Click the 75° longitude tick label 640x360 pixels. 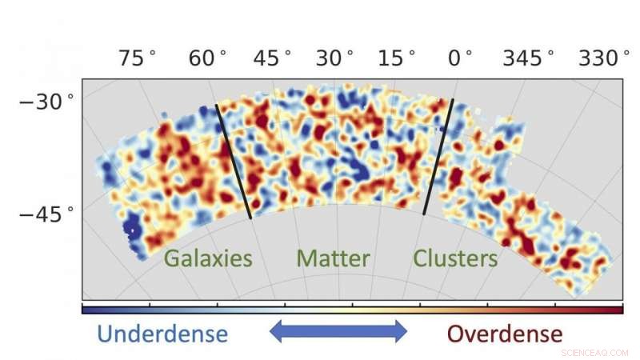(137, 58)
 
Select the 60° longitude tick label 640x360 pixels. (207, 58)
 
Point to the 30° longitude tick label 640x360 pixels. (334, 58)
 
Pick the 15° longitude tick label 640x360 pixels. (397, 58)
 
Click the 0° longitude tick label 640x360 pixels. (459, 58)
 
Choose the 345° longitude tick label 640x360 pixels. (528, 58)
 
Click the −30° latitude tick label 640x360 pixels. (46, 102)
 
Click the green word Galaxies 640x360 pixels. (208, 258)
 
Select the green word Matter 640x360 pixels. (333, 258)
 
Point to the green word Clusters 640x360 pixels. (455, 258)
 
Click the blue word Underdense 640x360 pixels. (153, 332)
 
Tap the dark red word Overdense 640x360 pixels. (504, 332)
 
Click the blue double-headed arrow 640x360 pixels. (338, 330)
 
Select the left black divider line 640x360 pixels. (234, 161)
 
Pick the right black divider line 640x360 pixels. (438, 157)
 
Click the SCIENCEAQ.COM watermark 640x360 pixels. (596, 350)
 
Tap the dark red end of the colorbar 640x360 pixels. (616, 309)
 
